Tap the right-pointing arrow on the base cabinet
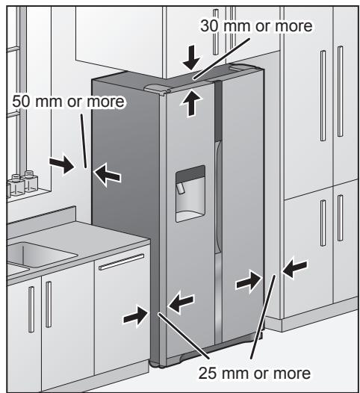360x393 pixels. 135,316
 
